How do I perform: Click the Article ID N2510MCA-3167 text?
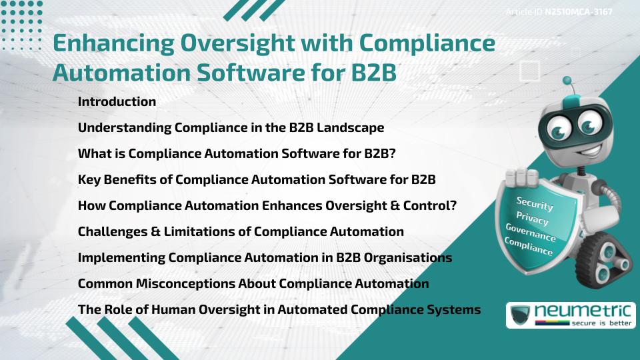(559, 12)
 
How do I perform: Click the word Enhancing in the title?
(113, 44)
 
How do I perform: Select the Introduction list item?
(117, 102)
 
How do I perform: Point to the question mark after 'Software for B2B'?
(393, 153)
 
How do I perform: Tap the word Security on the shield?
(535, 204)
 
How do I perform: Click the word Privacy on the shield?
(532, 219)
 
